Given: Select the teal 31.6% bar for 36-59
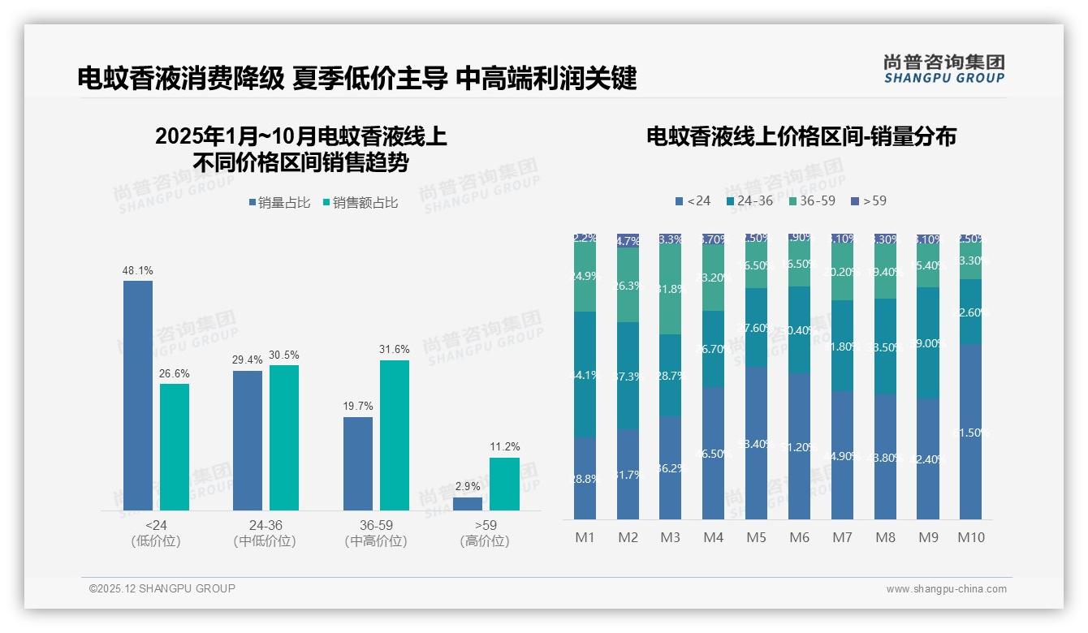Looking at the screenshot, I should (395, 435).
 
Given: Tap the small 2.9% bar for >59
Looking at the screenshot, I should (468, 504).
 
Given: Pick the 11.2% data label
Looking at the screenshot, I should (505, 447).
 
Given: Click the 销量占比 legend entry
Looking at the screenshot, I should (278, 203).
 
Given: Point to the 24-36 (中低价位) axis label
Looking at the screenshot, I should (264, 533).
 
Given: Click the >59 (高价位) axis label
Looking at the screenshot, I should (485, 533).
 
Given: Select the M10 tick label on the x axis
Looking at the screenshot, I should (970, 537).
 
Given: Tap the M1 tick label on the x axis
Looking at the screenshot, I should (585, 537).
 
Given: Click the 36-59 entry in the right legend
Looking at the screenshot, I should (811, 200).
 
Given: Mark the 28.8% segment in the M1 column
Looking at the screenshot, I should (585, 478).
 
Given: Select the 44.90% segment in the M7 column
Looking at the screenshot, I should (842, 455).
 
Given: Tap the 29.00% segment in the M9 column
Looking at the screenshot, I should (928, 342).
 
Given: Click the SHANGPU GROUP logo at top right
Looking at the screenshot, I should (943, 68).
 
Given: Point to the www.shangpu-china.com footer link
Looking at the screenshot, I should (946, 589).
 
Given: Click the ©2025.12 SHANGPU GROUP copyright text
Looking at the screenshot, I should (162, 589).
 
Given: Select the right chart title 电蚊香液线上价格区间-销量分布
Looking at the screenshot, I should (801, 136).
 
